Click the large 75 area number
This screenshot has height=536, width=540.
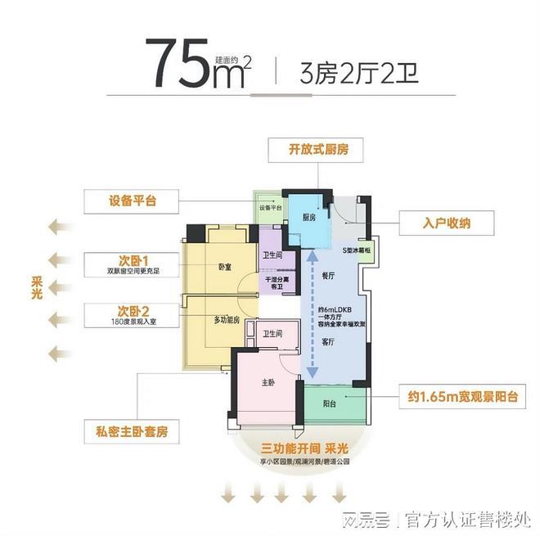click(x=179, y=65)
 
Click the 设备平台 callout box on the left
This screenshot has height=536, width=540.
click(x=133, y=200)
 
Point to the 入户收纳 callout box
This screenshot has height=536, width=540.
click(x=448, y=222)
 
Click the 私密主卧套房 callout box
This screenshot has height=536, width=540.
click(x=132, y=431)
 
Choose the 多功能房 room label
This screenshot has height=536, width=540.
click(x=227, y=320)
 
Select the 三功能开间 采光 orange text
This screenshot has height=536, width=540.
click(x=304, y=449)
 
